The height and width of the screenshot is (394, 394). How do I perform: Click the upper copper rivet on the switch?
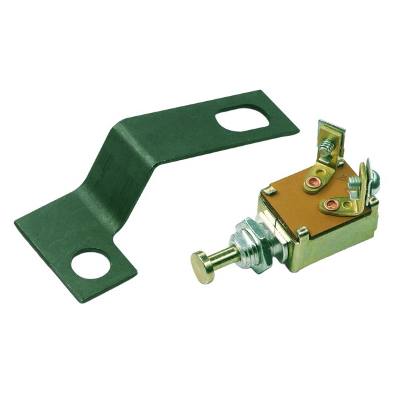(312, 180)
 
